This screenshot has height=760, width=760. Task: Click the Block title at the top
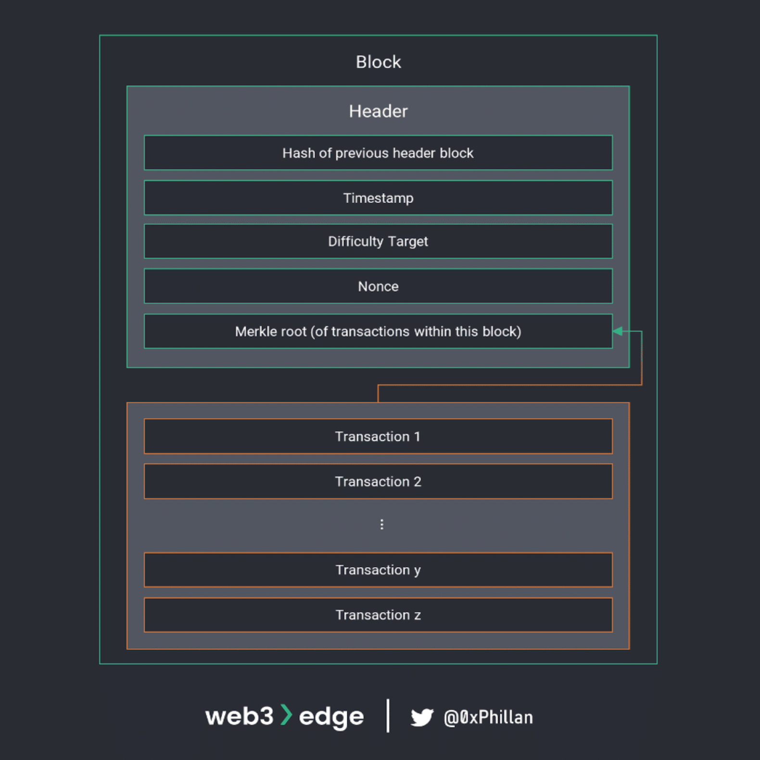tap(378, 62)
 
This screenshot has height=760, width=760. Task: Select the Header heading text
tap(378, 111)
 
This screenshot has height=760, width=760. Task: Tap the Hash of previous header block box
tap(378, 153)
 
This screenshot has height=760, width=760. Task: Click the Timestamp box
tap(378, 198)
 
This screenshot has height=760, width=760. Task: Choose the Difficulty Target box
tap(378, 241)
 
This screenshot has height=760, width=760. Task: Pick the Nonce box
tap(378, 286)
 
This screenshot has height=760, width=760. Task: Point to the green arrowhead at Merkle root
tap(618, 331)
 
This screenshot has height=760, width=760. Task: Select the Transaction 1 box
tap(378, 436)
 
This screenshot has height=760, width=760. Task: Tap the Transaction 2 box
tap(378, 481)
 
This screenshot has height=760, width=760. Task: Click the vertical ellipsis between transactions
tap(381, 524)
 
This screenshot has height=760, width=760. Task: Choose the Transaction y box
tap(378, 570)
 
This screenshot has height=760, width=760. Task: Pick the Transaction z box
tap(378, 615)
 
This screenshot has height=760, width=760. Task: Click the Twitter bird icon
tap(422, 717)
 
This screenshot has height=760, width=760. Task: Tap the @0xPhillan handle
tap(488, 717)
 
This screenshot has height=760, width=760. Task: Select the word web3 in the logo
tap(239, 716)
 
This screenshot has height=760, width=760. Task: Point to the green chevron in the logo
tap(286, 715)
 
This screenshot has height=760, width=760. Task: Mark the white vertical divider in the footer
tap(388, 716)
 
